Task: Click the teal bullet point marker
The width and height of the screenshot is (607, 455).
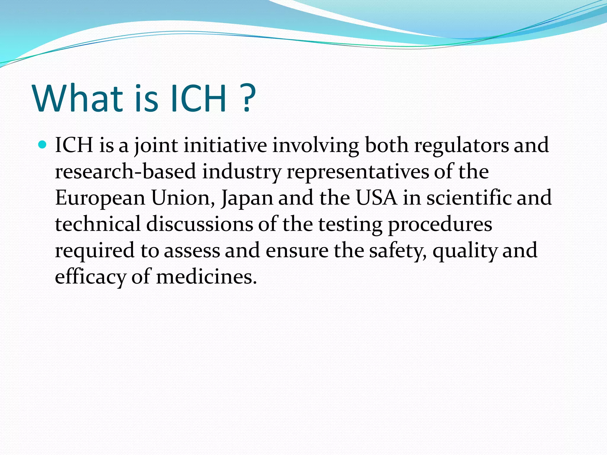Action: [43, 145]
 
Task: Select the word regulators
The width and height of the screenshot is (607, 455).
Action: [461, 145]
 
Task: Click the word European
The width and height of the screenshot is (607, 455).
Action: [100, 198]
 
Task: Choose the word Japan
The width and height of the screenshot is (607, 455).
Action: [247, 198]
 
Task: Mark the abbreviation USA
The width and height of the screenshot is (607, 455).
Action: [376, 198]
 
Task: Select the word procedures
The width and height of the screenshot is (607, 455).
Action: [440, 224]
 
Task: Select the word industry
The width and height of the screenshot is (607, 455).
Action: [242, 172]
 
